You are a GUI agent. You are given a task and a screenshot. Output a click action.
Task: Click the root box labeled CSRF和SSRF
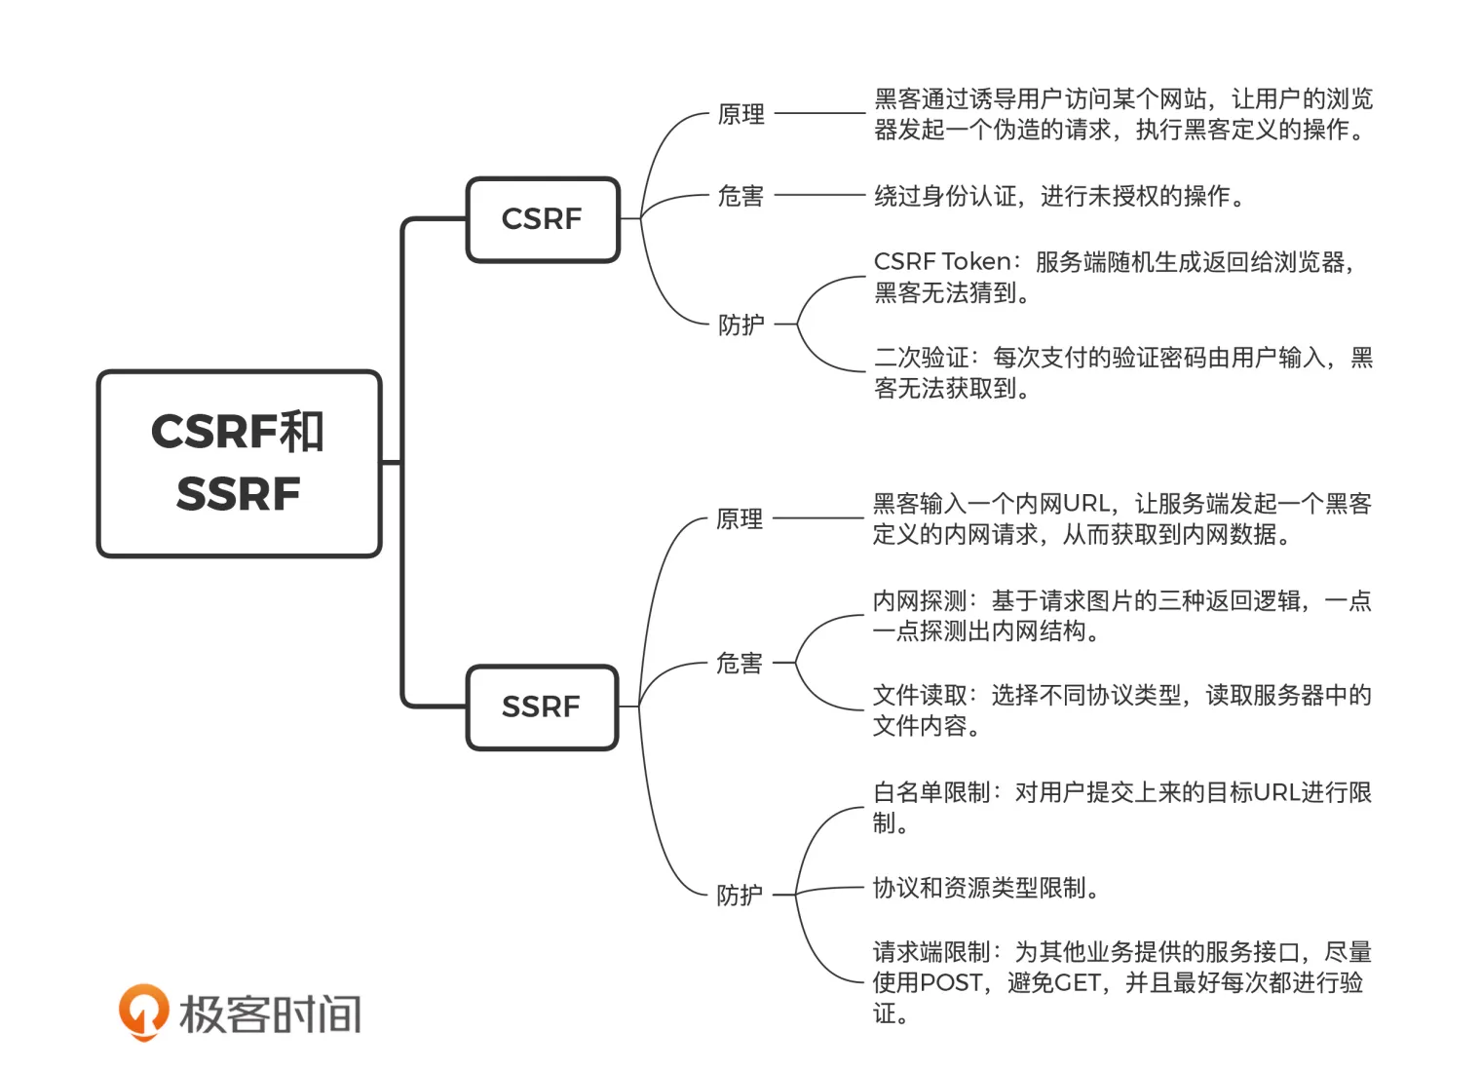[239, 463]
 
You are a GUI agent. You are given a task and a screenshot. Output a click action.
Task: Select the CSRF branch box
[542, 219]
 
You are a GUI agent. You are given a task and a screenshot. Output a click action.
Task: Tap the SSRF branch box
[542, 707]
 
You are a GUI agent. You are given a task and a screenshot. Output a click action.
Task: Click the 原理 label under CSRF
[740, 114]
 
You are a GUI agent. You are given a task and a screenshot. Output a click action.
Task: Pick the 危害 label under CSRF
[740, 196]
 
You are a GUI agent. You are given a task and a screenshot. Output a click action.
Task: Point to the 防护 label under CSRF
[740, 325]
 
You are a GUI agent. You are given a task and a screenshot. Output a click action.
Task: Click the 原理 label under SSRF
[740, 518]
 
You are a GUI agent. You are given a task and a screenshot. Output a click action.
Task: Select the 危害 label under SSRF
[740, 663]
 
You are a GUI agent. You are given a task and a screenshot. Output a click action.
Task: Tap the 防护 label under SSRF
[740, 895]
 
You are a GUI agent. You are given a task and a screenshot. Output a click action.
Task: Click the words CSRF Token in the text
[942, 261]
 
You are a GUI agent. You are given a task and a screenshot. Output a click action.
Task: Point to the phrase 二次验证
[921, 358]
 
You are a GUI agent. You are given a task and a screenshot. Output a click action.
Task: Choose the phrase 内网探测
[919, 600]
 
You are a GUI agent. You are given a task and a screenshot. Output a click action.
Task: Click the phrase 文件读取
[919, 695]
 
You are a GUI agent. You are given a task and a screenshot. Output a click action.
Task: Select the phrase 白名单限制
[930, 792]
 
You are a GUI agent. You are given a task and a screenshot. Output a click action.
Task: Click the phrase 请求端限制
[930, 952]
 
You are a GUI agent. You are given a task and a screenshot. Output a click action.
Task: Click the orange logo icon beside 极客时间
[143, 1012]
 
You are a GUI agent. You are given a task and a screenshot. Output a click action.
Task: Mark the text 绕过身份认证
[945, 196]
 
